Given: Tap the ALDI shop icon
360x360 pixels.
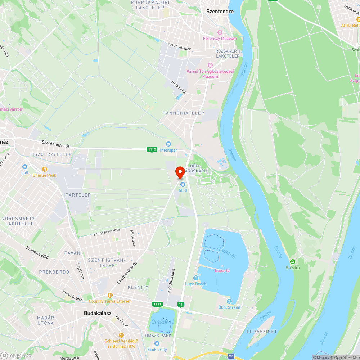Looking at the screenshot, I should pos(183,184).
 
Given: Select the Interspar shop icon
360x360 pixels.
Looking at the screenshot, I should pos(168,144).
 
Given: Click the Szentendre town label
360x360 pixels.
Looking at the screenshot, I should pos(220,11).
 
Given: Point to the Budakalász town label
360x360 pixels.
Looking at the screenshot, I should pos(97,313).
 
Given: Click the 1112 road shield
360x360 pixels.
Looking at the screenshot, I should pos(152,149).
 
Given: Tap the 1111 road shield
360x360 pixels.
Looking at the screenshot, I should pos(157,304).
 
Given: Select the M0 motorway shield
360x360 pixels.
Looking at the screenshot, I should pos(231,356).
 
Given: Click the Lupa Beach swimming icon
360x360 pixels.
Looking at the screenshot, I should pos(196,278).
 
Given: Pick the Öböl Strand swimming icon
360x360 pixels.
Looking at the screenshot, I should pos(229,301).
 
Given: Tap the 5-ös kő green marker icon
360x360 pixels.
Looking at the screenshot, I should pos(293,262).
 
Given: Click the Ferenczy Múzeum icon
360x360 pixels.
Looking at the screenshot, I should pos(220,32).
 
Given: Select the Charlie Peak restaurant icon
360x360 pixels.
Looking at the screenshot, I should pos(45,169).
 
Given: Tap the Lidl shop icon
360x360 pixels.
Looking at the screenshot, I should pos(24,167).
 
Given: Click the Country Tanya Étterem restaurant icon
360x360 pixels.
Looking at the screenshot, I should pos(110,295).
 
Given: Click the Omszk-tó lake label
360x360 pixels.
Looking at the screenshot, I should pos(163,321).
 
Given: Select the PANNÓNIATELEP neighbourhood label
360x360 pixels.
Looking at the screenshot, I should pos(183,113).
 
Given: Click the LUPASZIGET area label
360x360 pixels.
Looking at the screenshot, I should pos(261,330).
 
